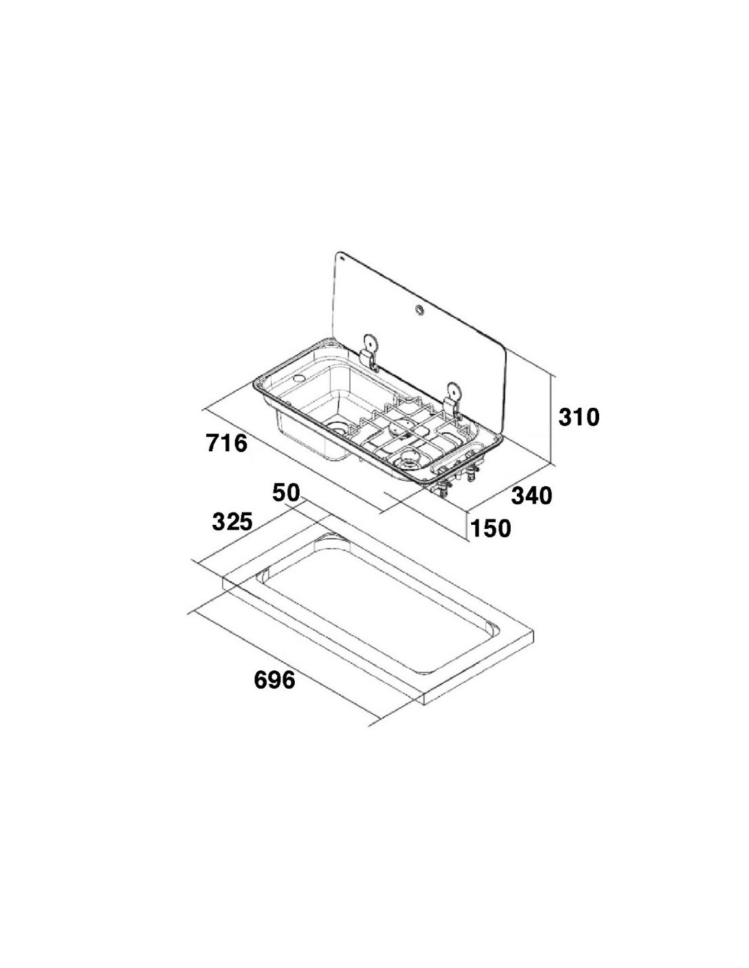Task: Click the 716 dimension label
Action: point(227,443)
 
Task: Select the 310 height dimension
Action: point(579,417)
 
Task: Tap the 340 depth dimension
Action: point(532,496)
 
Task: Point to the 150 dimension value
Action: point(490,528)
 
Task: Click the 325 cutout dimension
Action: point(232,521)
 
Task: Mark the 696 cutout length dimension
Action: point(274,680)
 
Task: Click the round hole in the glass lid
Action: point(419,309)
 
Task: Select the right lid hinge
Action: point(453,400)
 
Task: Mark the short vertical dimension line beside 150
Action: point(468,527)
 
